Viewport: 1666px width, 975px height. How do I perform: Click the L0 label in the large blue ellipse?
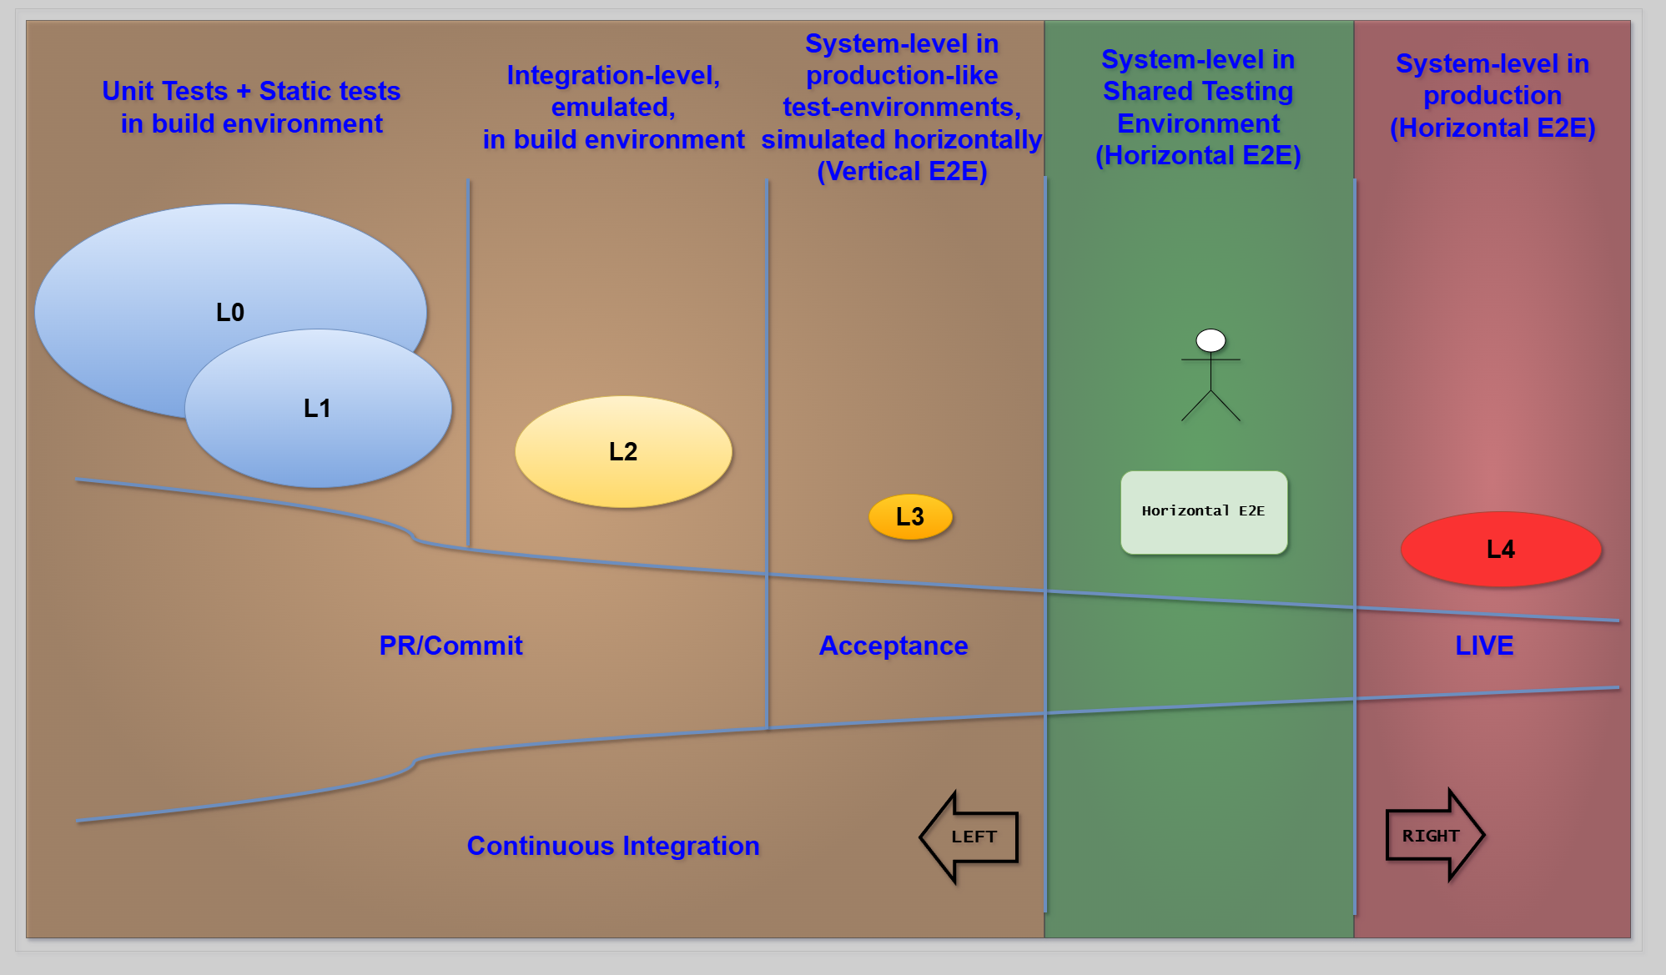(230, 312)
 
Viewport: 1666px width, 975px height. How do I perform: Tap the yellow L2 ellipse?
(623, 451)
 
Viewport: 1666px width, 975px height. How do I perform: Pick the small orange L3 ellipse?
(910, 516)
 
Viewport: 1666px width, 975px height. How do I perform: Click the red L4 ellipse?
(1501, 549)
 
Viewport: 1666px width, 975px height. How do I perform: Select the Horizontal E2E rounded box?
(1203, 511)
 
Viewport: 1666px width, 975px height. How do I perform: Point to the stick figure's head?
(1210, 340)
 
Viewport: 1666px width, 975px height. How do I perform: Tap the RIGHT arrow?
(1432, 835)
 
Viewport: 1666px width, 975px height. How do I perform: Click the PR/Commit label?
(450, 646)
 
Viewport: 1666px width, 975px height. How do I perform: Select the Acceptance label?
(893, 646)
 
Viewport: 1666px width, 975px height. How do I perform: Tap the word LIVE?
(1484, 646)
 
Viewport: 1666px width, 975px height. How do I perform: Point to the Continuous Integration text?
(613, 846)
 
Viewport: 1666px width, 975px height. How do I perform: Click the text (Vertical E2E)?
(902, 171)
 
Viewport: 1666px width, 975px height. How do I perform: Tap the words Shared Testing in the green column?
(1198, 91)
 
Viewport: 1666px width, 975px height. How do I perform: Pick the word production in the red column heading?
(1492, 96)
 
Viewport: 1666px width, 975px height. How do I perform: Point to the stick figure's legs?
(1210, 405)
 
